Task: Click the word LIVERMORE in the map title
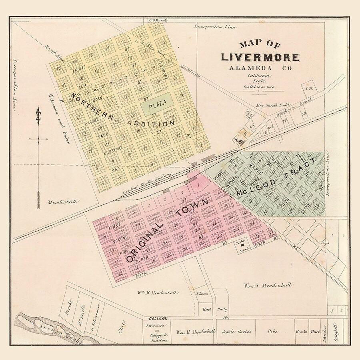coord(260,57)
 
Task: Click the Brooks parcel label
coord(301,332)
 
